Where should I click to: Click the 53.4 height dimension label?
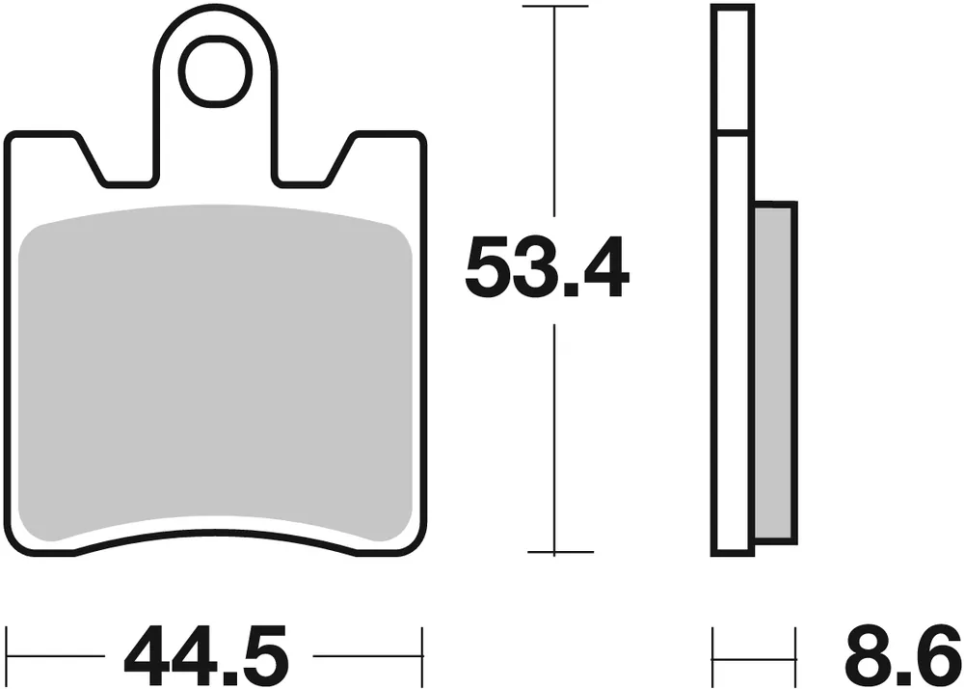click(547, 269)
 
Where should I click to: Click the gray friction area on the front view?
click(216, 372)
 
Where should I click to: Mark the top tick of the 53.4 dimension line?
click(555, 7)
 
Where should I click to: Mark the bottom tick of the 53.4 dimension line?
click(555, 553)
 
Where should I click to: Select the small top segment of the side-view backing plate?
click(732, 68)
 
